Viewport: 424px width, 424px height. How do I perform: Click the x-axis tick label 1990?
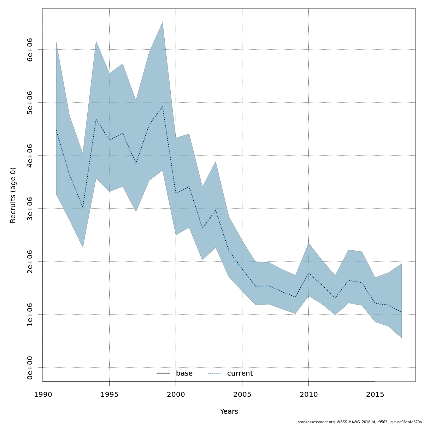click(x=43, y=394)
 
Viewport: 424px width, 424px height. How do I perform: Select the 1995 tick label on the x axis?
click(x=109, y=394)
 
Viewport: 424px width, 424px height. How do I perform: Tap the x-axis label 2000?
click(x=176, y=394)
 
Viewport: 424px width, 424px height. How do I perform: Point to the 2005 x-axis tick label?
click(x=242, y=394)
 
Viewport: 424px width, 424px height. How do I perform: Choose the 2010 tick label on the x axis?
click(x=308, y=394)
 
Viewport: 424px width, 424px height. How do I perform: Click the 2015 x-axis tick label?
click(x=375, y=394)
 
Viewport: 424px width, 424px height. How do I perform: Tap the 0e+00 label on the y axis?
click(x=30, y=368)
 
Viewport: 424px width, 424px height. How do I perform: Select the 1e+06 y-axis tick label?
click(x=30, y=315)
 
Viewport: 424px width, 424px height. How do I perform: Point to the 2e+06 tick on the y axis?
click(x=30, y=262)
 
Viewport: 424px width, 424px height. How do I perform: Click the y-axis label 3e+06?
click(x=30, y=209)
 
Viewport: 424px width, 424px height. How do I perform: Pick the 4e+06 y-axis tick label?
click(x=30, y=156)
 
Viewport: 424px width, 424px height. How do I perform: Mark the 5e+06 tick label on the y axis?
click(x=30, y=103)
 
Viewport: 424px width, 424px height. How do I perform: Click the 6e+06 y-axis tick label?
click(x=30, y=50)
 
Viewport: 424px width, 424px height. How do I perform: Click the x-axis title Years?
click(x=229, y=412)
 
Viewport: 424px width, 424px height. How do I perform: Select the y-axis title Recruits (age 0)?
click(x=13, y=195)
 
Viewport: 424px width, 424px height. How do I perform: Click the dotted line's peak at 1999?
click(x=163, y=106)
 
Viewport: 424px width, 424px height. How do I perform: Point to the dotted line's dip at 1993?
click(x=83, y=207)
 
